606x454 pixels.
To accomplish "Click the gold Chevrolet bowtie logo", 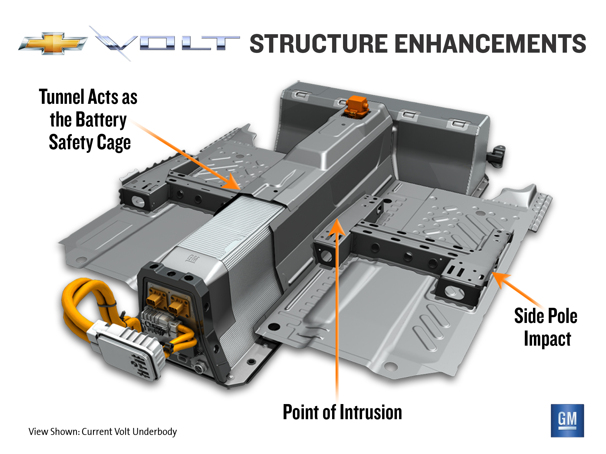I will (53, 43).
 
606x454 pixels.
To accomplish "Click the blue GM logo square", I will (567, 420).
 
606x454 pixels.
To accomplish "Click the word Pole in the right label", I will (562, 316).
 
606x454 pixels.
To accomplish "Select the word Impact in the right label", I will (547, 339).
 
